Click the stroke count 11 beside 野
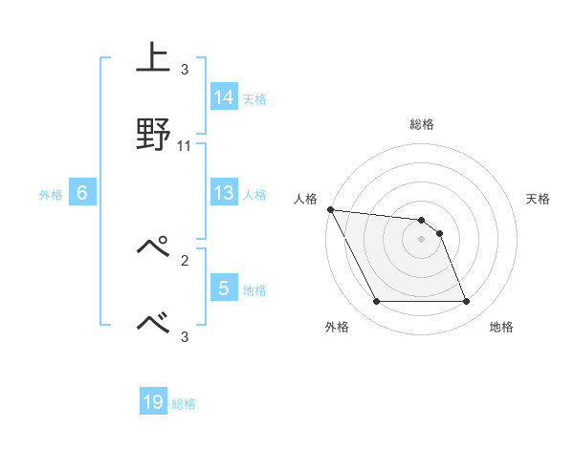pyautogui.click(x=185, y=146)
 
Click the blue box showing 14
pyautogui.click(x=224, y=97)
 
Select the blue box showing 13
pyautogui.click(x=224, y=194)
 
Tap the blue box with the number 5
pyautogui.click(x=224, y=289)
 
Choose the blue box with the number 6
pyautogui.click(x=82, y=194)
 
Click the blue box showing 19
pyautogui.click(x=153, y=403)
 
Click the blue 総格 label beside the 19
pyautogui.click(x=184, y=405)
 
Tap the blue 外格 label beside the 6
pyautogui.click(x=51, y=195)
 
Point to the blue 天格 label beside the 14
pyautogui.click(x=254, y=98)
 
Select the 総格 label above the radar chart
pyautogui.click(x=422, y=124)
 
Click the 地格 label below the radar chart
pyautogui.click(x=501, y=327)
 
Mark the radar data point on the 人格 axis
pyautogui.click(x=330, y=209)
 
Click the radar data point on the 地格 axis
pyautogui.click(x=466, y=302)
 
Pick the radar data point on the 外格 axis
pyautogui.click(x=376, y=302)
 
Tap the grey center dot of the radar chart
pyautogui.click(x=421, y=239)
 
